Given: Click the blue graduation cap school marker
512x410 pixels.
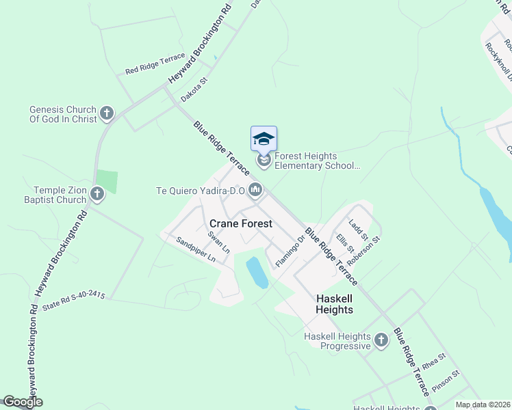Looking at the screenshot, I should pos(264,139).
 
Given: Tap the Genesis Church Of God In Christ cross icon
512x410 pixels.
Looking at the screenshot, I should pos(106,113).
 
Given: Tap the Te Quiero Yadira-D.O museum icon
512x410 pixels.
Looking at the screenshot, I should pos(255,190).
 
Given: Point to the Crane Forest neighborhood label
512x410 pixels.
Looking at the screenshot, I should pos(240,223).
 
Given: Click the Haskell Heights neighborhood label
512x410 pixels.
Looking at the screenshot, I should pos(334,304).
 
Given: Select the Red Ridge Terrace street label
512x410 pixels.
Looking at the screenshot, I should pos(155,64).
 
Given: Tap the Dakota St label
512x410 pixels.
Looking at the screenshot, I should pos(194,90).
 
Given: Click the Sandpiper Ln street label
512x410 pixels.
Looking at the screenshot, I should pos(195,250).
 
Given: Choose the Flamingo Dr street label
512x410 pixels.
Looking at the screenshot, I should pos(290,250).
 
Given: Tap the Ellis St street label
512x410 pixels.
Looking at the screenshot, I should pos(344,244).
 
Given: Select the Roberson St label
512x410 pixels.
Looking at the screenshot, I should pos(363,251).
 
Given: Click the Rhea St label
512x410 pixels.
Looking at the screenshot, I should pos(433,360).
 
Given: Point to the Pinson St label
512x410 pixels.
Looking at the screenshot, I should pos(446,380).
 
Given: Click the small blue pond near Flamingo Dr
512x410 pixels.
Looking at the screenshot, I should pos(257,272).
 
